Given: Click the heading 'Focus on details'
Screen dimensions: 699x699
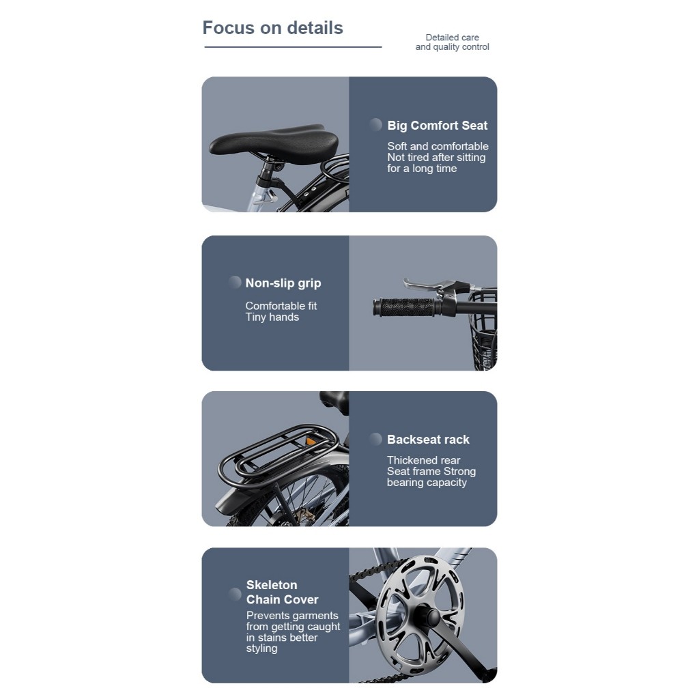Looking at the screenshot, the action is pyautogui.click(x=273, y=27).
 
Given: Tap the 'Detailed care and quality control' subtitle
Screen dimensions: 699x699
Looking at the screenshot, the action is pyautogui.click(x=452, y=42).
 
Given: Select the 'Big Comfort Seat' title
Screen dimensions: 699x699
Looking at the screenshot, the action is pyautogui.click(x=438, y=126).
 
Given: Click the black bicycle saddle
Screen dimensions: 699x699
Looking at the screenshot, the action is pyautogui.click(x=274, y=141).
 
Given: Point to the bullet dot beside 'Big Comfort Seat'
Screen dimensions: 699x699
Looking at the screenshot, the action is pyautogui.click(x=375, y=125).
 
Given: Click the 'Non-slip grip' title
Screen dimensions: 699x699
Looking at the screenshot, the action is pyautogui.click(x=283, y=283).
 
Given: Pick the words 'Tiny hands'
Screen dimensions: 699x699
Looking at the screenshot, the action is pyautogui.click(x=272, y=317).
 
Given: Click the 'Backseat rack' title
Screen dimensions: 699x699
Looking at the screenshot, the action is pyautogui.click(x=428, y=439).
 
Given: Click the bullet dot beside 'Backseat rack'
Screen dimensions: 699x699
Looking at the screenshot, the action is pyautogui.click(x=375, y=439).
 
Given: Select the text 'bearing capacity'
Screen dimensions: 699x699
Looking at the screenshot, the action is pyautogui.click(x=427, y=483).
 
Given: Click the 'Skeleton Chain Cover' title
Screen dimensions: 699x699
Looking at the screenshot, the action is pyautogui.click(x=282, y=592).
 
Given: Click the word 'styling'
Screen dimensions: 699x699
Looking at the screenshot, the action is pyautogui.click(x=261, y=648).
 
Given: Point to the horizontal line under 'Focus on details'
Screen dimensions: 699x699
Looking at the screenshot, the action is pyautogui.click(x=293, y=47).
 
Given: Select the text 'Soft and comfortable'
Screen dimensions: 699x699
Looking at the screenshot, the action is pyautogui.click(x=438, y=146).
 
